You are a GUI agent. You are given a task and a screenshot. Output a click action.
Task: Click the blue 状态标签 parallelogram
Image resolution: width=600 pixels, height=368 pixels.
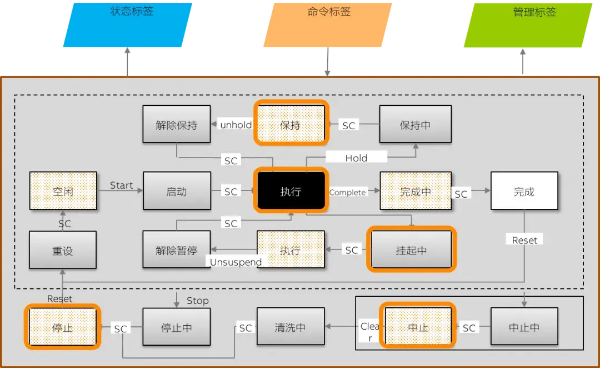pos(128,24)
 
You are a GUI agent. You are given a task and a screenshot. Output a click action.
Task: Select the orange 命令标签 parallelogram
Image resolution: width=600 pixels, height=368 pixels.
pos(328,24)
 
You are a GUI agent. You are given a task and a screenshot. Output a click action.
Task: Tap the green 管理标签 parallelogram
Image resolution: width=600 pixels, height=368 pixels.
pos(528,24)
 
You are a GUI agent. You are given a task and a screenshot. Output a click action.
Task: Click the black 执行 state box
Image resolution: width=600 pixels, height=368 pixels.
pos(291,192)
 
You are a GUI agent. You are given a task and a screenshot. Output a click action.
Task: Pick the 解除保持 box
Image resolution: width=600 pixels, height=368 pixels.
pos(177,125)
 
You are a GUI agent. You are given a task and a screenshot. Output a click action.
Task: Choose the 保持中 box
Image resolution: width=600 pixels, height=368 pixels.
pos(415,125)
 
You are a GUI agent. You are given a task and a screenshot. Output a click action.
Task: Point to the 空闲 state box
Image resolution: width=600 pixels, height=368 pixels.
pos(63,192)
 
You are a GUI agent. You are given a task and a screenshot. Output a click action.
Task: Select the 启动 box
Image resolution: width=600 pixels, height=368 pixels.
pos(177,192)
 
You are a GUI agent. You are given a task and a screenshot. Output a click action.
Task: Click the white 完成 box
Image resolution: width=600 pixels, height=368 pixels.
pos(523,192)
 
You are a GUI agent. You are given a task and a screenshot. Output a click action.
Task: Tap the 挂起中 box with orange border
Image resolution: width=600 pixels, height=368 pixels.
pos(411,250)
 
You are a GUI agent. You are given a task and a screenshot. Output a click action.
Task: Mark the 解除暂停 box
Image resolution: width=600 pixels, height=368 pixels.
pos(177,250)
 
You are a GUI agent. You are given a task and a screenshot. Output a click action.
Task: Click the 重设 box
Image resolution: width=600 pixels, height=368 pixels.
pos(63,251)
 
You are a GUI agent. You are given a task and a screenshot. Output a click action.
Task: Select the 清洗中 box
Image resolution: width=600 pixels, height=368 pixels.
pos(290,327)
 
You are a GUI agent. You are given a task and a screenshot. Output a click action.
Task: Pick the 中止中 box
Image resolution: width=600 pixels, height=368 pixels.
pos(524,327)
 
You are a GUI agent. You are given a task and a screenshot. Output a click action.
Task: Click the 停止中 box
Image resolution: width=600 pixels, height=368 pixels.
pos(177,327)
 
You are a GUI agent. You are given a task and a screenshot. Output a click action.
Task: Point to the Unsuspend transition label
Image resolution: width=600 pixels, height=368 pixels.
pos(236,262)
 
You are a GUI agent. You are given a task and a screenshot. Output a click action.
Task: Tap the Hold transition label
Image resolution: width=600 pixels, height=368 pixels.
pos(356,158)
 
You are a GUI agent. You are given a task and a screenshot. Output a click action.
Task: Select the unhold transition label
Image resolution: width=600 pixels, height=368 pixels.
pos(236,125)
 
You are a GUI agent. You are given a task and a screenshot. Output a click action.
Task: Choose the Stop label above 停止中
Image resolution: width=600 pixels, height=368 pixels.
pos(197,301)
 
